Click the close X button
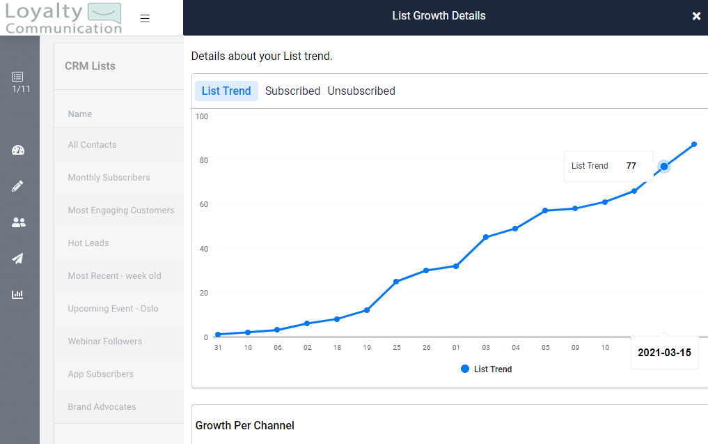[x=696, y=16]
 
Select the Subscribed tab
[x=292, y=91]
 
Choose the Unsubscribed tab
[x=361, y=91]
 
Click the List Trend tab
[x=226, y=91]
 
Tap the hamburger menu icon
[x=145, y=19]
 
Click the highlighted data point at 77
[x=664, y=166]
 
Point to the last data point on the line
[x=694, y=144]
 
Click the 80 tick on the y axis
[x=203, y=160]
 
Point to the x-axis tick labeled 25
[x=397, y=348]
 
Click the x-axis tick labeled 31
[x=218, y=348]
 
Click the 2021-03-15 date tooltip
[x=664, y=353]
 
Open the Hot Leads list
[x=88, y=243]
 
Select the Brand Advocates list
[x=102, y=407]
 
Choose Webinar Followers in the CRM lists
[x=104, y=342]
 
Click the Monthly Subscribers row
[x=109, y=178]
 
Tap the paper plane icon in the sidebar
[x=18, y=259]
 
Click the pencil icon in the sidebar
[x=18, y=186]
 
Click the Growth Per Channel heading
[x=245, y=425]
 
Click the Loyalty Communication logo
[x=63, y=19]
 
